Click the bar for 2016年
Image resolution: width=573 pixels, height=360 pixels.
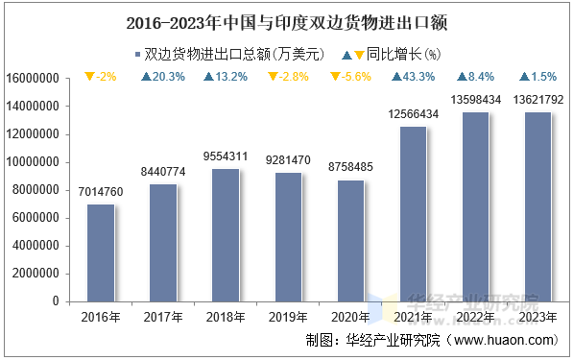101,252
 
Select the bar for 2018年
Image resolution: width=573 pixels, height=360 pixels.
226,235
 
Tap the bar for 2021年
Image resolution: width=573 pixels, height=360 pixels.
414,214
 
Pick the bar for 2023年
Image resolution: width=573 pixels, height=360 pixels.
538,206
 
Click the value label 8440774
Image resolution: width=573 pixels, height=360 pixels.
163,173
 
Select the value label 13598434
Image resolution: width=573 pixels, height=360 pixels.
476,100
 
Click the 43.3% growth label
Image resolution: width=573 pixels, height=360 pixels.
414,77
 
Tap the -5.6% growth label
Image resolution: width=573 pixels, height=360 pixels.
351,77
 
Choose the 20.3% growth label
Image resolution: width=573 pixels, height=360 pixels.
163,77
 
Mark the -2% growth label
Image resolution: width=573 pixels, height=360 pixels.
101,77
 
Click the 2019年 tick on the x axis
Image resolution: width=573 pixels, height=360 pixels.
288,316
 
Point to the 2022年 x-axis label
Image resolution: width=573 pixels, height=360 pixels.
476,316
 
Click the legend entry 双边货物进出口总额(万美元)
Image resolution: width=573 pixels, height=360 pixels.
235,54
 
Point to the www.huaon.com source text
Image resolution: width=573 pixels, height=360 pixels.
505,340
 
